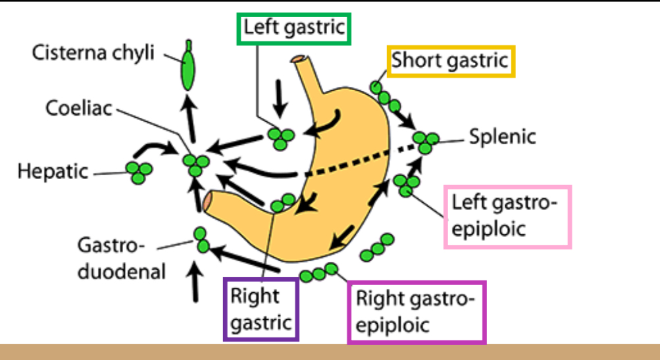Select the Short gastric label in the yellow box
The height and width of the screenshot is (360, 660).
pyautogui.click(x=450, y=62)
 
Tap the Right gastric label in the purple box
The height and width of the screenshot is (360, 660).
pyautogui.click(x=261, y=309)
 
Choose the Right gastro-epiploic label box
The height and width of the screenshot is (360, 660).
pyautogui.click(x=416, y=312)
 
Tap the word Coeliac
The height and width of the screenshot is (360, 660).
pyautogui.click(x=80, y=107)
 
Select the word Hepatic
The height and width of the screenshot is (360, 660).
pyautogui.click(x=53, y=172)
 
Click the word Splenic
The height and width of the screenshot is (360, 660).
pyautogui.click(x=503, y=138)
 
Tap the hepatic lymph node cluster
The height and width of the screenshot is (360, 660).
pyautogui.click(x=140, y=172)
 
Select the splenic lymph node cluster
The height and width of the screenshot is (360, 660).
pyautogui.click(x=426, y=141)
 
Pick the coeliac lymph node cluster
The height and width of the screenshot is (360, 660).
pyautogui.click(x=195, y=164)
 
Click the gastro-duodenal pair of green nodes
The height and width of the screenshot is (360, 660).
pyautogui.click(x=201, y=240)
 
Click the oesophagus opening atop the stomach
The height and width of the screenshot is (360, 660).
pyautogui.click(x=301, y=60)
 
